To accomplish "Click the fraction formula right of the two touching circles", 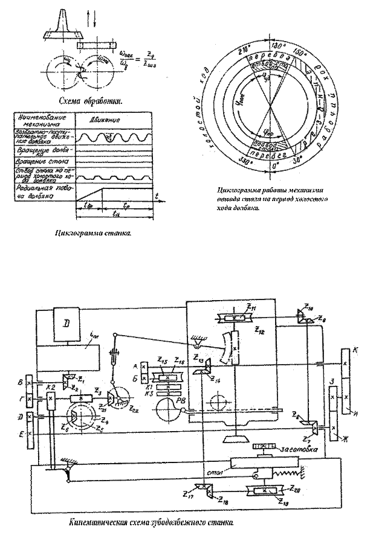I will [139, 60].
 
